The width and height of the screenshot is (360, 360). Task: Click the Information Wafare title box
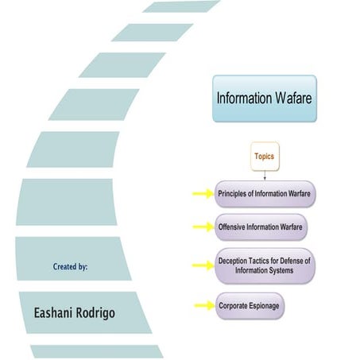tap(264, 98)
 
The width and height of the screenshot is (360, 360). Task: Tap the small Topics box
tap(264, 157)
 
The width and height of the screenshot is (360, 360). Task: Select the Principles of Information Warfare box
tap(265, 193)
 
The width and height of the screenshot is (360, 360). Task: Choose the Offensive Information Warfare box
tap(260, 226)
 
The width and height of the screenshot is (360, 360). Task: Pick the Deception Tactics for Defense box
tap(265, 265)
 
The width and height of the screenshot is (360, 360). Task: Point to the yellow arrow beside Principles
tap(202, 193)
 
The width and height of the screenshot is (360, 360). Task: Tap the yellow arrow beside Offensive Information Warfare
tap(202, 226)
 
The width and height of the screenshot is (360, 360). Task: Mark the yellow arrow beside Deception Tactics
tap(202, 265)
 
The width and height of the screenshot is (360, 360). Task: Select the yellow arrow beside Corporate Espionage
tap(202, 304)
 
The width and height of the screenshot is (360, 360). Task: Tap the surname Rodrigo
tap(96, 313)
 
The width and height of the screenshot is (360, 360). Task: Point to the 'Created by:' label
tap(70, 267)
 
